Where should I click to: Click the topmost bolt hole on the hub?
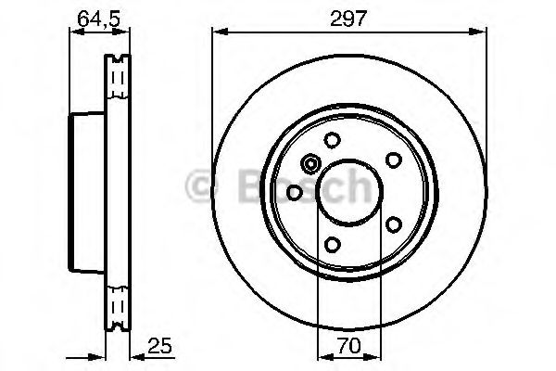click(332, 140)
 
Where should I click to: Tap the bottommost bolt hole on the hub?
click(332, 244)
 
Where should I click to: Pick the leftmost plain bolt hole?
click(294, 192)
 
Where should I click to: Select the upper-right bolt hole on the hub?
click(392, 159)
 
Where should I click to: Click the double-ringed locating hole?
click(310, 164)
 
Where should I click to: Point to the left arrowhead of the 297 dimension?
click(219, 31)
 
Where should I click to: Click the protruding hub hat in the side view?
click(87, 192)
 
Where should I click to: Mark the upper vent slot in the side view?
click(116, 79)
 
